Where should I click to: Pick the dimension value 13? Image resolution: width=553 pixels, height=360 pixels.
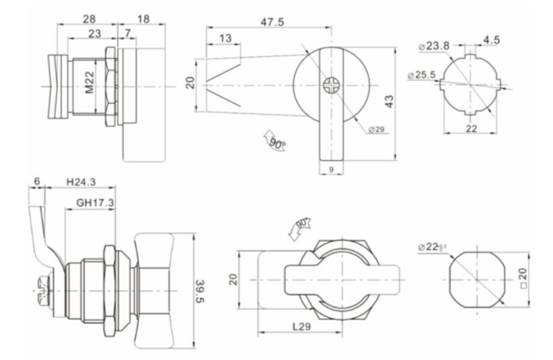(x=225, y=38)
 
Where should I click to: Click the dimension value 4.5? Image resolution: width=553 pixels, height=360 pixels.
(x=491, y=38)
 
